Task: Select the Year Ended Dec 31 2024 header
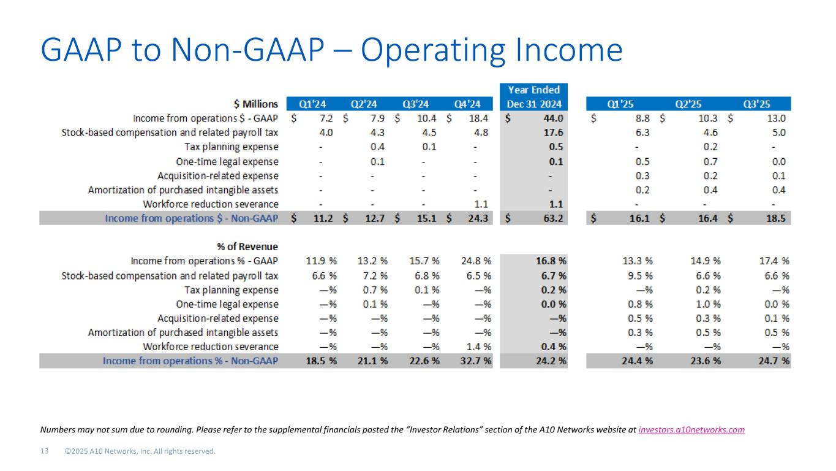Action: pyautogui.click(x=534, y=97)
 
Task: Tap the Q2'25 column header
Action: pyautogui.click(x=697, y=104)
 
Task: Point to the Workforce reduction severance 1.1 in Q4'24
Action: pyautogui.click(x=481, y=204)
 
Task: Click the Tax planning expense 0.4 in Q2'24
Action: pyautogui.click(x=377, y=147)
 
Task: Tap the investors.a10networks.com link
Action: pyautogui.click(x=691, y=430)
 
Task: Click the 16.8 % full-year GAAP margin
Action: pyautogui.click(x=549, y=261)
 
